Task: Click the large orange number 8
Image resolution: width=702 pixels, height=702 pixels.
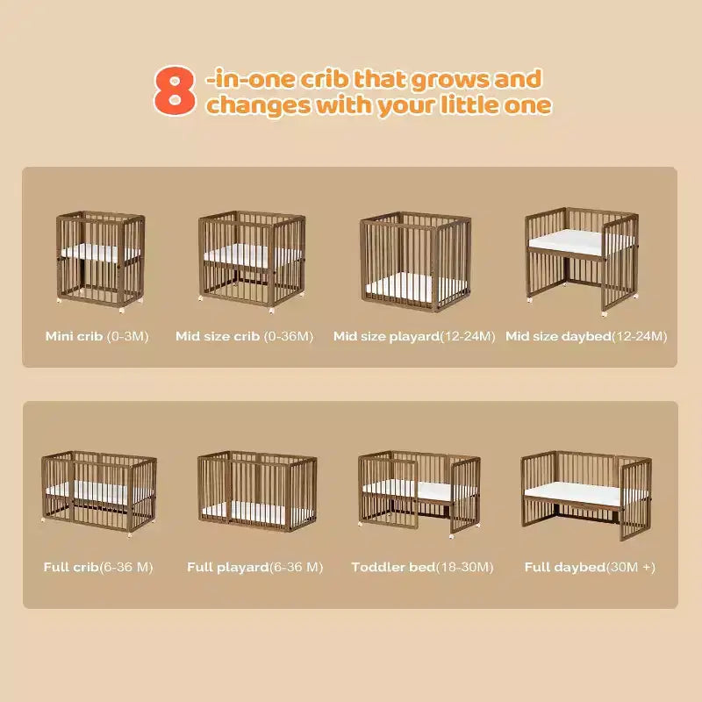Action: [x=175, y=90]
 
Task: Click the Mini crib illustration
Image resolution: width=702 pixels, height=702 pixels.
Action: [x=100, y=261]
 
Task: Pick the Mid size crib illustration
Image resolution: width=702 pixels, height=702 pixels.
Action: [x=252, y=261]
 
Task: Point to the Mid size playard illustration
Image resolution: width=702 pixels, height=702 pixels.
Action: [x=415, y=261]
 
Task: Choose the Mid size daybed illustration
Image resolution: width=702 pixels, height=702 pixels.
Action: [x=582, y=261]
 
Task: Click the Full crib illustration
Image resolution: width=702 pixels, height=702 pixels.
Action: [x=99, y=493]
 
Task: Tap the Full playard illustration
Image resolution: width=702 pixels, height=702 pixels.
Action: [x=257, y=491]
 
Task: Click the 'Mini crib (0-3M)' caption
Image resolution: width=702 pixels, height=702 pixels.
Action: [x=97, y=336]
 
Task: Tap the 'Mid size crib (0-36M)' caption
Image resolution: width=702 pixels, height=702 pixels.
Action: [x=245, y=336]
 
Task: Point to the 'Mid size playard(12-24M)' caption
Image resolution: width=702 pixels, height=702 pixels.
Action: [x=414, y=336]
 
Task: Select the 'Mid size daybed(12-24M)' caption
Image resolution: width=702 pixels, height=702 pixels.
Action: [x=586, y=336]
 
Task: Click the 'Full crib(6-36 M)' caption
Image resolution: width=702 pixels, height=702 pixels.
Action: [x=98, y=567]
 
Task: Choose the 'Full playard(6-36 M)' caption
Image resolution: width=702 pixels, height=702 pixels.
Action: [x=254, y=567]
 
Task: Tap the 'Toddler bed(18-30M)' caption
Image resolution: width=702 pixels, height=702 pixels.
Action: [x=422, y=567]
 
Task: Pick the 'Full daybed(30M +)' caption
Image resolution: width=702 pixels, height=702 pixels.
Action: [x=590, y=567]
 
